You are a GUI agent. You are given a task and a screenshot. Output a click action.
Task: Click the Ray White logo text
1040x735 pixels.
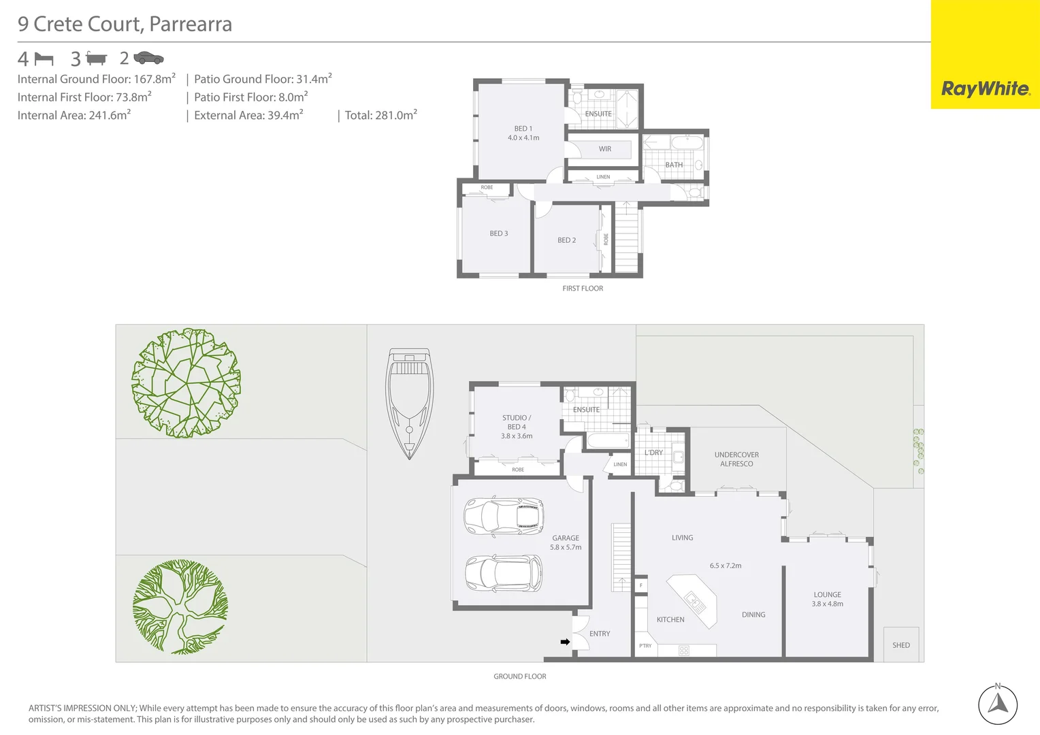pos(985,88)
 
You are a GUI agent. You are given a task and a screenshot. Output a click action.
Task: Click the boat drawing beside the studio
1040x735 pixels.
pos(409,403)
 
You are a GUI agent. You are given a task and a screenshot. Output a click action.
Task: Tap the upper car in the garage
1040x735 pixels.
pos(504,517)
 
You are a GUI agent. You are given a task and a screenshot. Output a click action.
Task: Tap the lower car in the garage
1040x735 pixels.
pos(504,572)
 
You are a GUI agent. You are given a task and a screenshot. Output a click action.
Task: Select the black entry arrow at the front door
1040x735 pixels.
pos(565,642)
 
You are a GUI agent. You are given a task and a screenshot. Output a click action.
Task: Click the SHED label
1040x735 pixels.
pos(900,645)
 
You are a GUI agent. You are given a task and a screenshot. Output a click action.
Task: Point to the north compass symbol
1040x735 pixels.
pos(998,704)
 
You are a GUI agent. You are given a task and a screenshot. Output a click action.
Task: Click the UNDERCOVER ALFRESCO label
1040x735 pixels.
pos(736,459)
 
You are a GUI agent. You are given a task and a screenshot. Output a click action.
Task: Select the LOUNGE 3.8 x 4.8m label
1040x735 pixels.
pos(827,599)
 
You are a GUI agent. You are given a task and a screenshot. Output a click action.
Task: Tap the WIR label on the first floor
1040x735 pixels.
pos(605,149)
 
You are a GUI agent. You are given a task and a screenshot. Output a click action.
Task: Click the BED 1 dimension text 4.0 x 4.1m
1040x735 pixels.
pos(523,138)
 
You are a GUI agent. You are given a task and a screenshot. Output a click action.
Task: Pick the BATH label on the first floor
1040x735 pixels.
pos(674,165)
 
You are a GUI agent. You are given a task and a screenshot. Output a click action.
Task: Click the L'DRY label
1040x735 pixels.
pos(653,453)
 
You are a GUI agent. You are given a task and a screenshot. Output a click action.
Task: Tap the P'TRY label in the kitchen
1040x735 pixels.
pos(645,646)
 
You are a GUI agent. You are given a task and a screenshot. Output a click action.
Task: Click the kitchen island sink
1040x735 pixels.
pos(695,602)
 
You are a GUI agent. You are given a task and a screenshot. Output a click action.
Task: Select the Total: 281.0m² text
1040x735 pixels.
pos(380,115)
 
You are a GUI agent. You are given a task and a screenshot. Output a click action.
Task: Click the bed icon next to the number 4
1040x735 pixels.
pos(44,59)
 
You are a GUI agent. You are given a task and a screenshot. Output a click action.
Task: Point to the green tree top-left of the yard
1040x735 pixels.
pos(186,382)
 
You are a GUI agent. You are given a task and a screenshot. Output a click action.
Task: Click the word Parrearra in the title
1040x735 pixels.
pos(191,24)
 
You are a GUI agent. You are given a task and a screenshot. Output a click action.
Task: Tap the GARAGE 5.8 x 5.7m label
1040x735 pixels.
pos(566,542)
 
